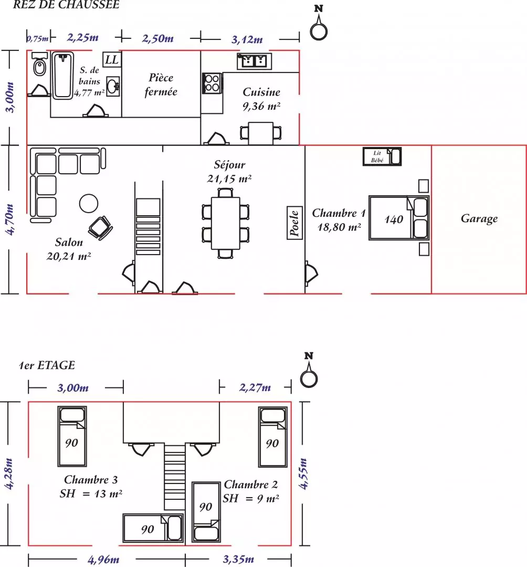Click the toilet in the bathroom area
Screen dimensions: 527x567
point(39,64)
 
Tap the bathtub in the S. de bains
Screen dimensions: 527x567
point(62,75)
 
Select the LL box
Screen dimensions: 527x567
point(112,60)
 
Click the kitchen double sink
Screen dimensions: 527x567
point(255,61)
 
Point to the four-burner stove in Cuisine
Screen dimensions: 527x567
point(212,83)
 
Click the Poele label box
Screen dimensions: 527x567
point(294,223)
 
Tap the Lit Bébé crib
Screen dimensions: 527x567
point(382,156)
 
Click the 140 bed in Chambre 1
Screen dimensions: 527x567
point(399,218)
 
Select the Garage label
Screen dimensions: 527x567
point(479,218)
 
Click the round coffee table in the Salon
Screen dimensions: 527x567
point(89,204)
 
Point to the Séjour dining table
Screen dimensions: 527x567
point(226,223)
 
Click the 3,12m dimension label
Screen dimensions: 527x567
point(247,39)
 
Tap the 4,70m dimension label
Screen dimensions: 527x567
point(10,219)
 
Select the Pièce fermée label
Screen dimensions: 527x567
point(161,85)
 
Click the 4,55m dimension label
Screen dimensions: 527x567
point(303,474)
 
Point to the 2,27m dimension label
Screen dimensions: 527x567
point(255,387)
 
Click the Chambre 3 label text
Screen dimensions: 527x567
point(91,479)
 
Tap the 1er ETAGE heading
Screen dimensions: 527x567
point(47,365)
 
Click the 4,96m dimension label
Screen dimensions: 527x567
point(103,560)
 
